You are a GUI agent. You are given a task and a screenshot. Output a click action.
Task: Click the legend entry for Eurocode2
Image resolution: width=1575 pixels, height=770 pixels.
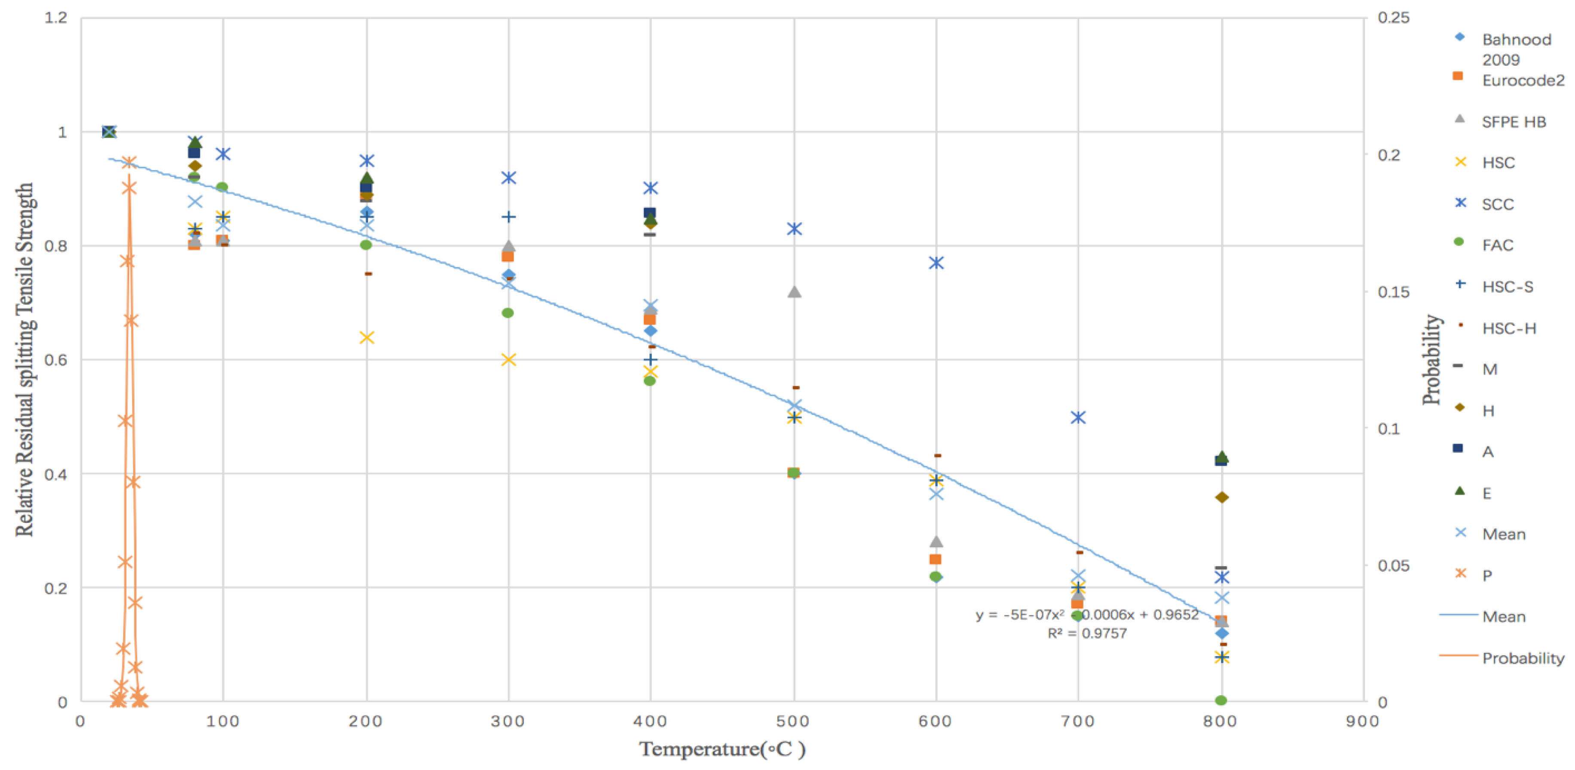[x=1523, y=80]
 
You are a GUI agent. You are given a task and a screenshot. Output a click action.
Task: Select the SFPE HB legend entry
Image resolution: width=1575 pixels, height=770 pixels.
[x=1513, y=122]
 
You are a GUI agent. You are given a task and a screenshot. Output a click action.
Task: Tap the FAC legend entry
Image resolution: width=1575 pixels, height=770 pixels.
[x=1497, y=245]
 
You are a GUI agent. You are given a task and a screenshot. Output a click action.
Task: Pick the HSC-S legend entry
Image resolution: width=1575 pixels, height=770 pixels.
[x=1507, y=287]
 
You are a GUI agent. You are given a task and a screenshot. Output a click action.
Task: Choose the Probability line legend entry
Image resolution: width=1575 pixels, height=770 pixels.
[x=1523, y=658]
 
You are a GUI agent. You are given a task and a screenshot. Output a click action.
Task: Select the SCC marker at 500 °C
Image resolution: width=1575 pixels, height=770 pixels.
[x=794, y=229]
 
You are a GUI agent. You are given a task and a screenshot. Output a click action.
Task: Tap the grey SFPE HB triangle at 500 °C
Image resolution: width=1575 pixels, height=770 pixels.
[x=794, y=292]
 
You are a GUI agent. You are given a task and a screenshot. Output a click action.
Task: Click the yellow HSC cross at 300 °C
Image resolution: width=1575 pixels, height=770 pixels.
[x=508, y=359]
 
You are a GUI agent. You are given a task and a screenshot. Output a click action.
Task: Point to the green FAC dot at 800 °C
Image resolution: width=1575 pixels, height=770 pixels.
[x=1221, y=700]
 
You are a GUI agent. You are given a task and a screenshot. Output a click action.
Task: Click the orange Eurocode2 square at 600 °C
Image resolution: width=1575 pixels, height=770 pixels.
[x=935, y=559]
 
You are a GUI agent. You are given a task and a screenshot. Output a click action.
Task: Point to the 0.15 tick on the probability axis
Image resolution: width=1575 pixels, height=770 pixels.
[x=1393, y=292]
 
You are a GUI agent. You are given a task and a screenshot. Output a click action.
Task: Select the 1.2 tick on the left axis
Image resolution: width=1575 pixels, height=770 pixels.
[x=55, y=18]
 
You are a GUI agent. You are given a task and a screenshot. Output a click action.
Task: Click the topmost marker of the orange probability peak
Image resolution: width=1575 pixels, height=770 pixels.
[x=128, y=163]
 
